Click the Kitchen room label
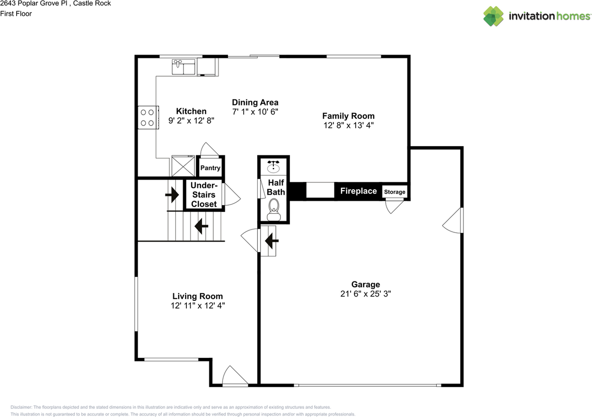coord(191,111)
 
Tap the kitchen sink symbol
coord(184,67)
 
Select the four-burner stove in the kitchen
coord(148,117)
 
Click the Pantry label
coord(210,168)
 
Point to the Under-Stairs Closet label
coord(203,194)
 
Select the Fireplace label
coord(358,191)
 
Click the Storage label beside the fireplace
coord(395,192)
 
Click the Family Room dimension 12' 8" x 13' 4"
coord(348,125)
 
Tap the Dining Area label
coord(255,102)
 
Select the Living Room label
coord(197,296)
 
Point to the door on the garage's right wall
coord(454,221)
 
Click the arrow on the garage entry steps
coord(271,240)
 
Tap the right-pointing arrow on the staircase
coord(172,194)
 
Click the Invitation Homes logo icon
coord(493,16)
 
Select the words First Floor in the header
coord(16,13)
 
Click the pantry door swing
coord(209,149)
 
